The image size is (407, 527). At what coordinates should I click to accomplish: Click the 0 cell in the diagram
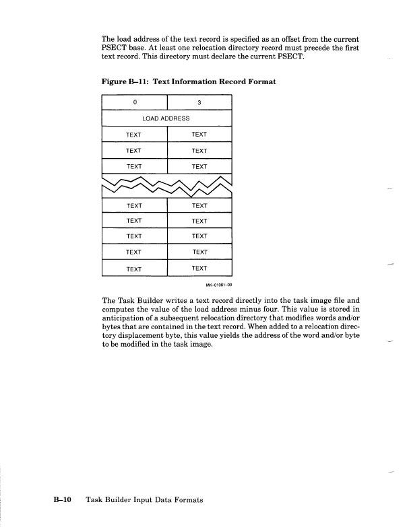point(134,104)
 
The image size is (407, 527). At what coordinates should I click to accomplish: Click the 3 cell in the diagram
point(199,104)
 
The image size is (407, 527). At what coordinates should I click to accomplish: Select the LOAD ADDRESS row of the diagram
point(166,118)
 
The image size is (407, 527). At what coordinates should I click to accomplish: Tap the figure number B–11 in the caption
point(137,81)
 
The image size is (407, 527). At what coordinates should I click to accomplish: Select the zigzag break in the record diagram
point(166,182)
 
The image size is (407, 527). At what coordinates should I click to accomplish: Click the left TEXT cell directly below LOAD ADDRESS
point(134,135)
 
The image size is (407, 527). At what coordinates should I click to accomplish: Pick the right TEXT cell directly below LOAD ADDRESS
point(199,135)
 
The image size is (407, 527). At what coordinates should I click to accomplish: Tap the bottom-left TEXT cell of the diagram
point(134,269)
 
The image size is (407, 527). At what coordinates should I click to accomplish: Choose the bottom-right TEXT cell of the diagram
point(199,269)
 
